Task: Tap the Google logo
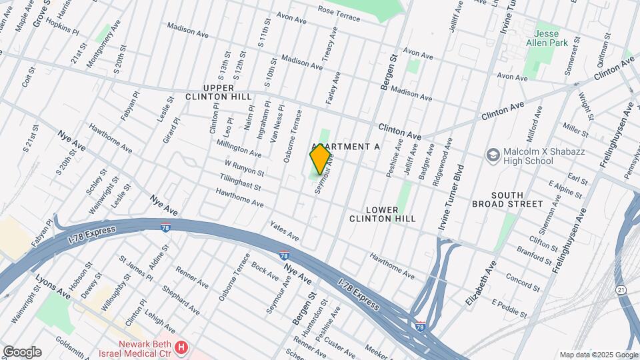[22, 352]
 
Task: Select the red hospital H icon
[181, 347]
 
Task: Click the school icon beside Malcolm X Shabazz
[493, 155]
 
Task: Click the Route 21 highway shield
[621, 290]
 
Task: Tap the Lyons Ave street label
[53, 285]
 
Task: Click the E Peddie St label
[510, 308]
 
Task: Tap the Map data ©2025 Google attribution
[598, 355]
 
